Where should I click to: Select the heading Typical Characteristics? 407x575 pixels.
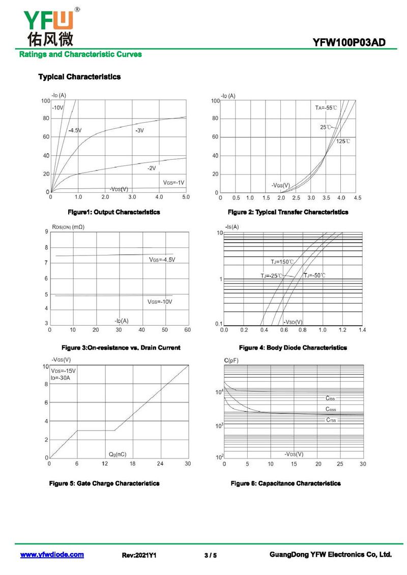click(x=79, y=77)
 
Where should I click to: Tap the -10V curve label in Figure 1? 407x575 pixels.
click(x=57, y=107)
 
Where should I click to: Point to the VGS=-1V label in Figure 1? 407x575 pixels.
click(x=173, y=182)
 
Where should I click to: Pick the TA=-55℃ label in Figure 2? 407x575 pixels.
click(x=326, y=108)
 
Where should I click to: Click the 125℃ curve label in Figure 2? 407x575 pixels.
click(x=343, y=141)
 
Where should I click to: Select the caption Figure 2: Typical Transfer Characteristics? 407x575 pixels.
click(x=288, y=212)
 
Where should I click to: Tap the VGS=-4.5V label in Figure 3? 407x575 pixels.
click(x=162, y=260)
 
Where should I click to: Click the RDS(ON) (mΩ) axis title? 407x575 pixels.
click(x=68, y=226)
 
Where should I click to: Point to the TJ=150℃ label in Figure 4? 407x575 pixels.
click(x=282, y=262)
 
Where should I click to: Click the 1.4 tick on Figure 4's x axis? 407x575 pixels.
click(x=362, y=330)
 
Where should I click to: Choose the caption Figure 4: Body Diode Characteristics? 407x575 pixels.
click(x=293, y=348)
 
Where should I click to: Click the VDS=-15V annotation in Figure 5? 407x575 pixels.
click(x=63, y=370)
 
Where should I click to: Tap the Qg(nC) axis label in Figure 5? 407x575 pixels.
click(x=118, y=453)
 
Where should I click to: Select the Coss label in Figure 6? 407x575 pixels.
click(x=331, y=409)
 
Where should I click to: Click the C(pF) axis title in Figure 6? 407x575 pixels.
click(x=231, y=361)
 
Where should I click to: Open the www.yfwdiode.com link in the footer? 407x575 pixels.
click(x=52, y=555)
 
